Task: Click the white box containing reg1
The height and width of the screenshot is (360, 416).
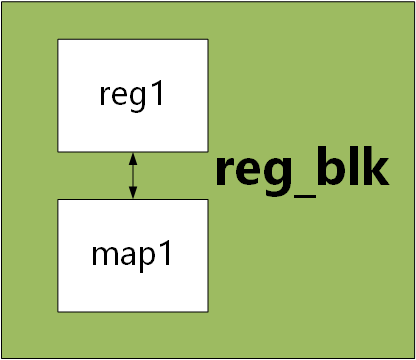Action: tap(133, 96)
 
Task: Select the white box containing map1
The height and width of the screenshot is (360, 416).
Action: tap(133, 254)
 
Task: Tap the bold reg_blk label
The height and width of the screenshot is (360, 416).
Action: tap(301, 171)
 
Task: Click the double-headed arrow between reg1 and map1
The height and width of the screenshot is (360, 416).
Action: tap(133, 175)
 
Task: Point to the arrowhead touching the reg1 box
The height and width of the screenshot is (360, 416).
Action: tap(133, 157)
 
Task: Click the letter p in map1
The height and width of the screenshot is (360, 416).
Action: tap(150, 257)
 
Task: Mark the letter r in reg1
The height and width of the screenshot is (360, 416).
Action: tap(106, 97)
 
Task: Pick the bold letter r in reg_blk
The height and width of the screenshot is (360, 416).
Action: tap(226, 174)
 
